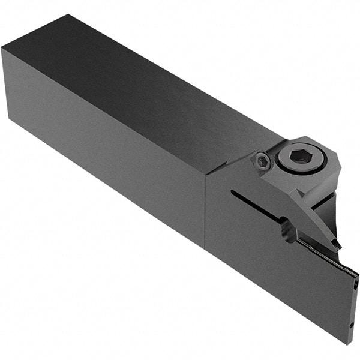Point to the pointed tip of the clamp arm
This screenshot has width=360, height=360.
pos(337,245)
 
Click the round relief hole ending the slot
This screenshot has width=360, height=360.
pos(289,230)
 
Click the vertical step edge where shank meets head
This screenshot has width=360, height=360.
pos(205,210)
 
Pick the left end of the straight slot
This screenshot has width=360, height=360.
pos(232,193)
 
